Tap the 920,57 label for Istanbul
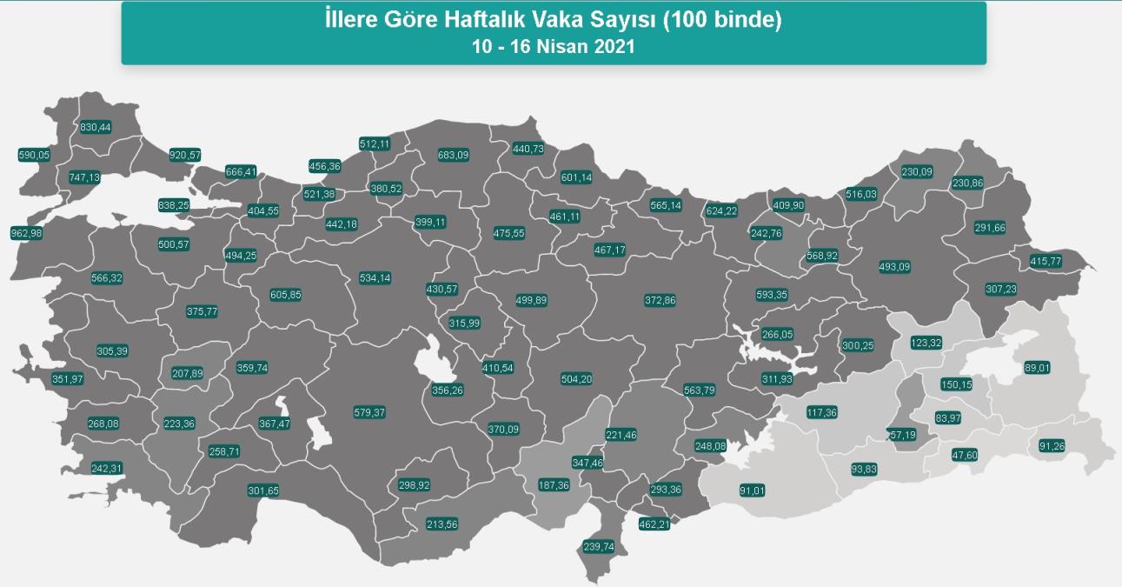pyautogui.click(x=184, y=155)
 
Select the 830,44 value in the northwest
pyautogui.click(x=96, y=127)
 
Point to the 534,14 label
pyautogui.click(x=375, y=278)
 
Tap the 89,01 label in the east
pyautogui.click(x=1038, y=367)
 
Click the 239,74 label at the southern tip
pyautogui.click(x=598, y=547)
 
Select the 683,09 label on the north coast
pyautogui.click(x=453, y=155)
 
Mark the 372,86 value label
pyautogui.click(x=660, y=300)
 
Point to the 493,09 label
pyautogui.click(x=894, y=266)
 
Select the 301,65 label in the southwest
pyautogui.click(x=263, y=490)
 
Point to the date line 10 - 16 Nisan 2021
pyautogui.click(x=553, y=47)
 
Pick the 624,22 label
pyautogui.click(x=721, y=210)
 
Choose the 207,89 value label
pyautogui.click(x=188, y=373)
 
